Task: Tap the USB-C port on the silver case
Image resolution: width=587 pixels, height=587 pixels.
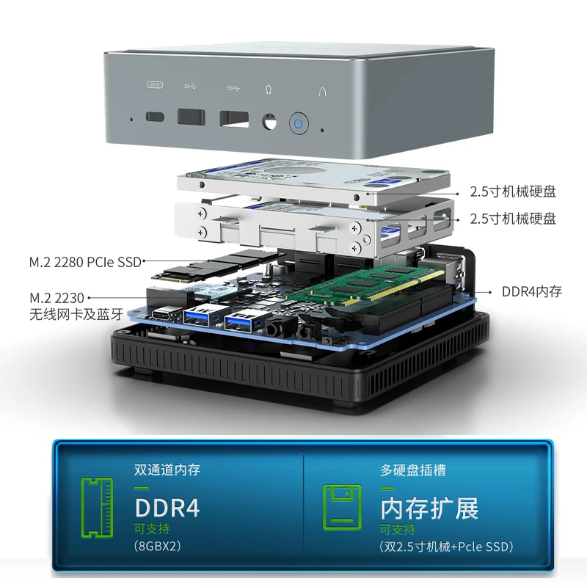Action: (x=156, y=116)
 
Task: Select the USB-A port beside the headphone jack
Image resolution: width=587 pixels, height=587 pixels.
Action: (x=233, y=118)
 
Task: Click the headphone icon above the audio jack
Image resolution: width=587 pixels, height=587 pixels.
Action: (x=269, y=90)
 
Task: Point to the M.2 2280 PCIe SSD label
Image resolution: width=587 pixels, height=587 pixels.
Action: (x=85, y=260)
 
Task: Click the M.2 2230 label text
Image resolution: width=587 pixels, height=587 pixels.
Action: (x=57, y=298)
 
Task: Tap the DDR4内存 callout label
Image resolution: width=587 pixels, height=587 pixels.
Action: (x=532, y=291)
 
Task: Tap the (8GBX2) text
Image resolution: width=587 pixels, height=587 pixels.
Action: (x=158, y=546)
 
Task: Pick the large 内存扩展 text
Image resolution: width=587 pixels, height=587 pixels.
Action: (x=429, y=508)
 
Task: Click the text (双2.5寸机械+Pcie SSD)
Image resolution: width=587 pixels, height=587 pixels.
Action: (x=446, y=546)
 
